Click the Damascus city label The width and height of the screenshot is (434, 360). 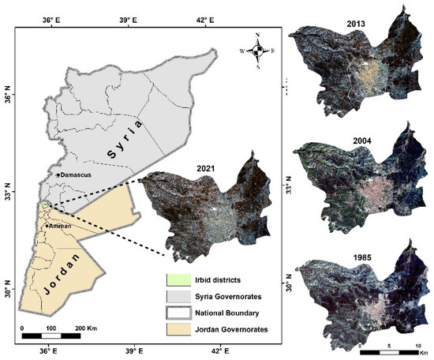point(75,174)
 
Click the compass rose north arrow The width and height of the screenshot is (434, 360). point(258,51)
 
